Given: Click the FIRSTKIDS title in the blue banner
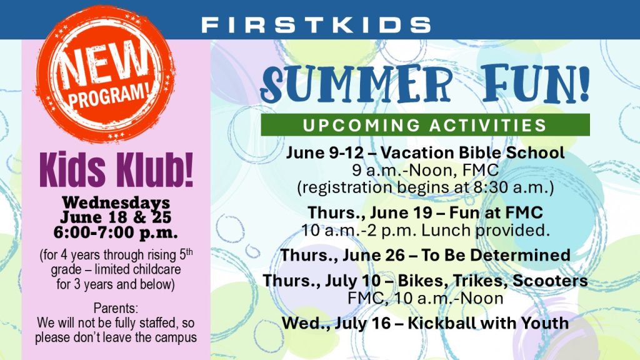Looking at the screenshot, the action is tap(316, 25).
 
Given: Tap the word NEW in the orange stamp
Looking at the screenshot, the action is tap(103, 65).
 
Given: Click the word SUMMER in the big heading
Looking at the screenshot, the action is tap(356, 84).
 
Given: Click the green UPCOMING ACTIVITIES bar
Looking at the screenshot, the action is tap(425, 125).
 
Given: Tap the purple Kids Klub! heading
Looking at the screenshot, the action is tap(116, 169).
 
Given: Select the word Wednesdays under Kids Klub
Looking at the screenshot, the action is tap(116, 202).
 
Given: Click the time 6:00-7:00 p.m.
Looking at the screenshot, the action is tap(116, 232).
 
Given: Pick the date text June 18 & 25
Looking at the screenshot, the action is tap(116, 217).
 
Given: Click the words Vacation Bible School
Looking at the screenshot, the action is tap(472, 152).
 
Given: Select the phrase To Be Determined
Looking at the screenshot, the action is tap(496, 255).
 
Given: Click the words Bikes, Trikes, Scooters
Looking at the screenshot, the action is tap(492, 281).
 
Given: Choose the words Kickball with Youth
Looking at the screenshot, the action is tap(488, 323).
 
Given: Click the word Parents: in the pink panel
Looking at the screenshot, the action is tap(116, 307).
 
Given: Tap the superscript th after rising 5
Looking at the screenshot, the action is tap(189, 252).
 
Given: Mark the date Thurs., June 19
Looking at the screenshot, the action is tap(370, 212).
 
